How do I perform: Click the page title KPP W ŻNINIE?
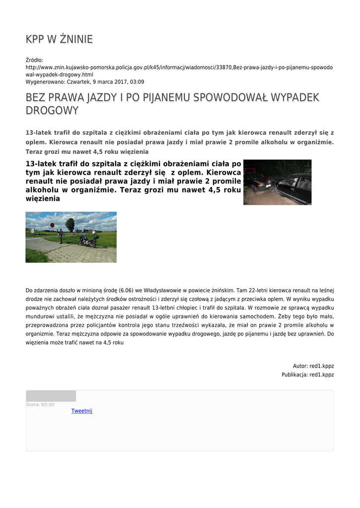point(59,39)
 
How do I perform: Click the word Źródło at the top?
point(34,60)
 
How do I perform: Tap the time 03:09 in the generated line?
point(138,82)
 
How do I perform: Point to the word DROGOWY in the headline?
point(52,111)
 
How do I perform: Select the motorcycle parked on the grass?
point(87,242)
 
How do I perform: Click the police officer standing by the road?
point(60,236)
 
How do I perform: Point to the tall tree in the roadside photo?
point(70,224)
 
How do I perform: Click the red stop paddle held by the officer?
point(52,225)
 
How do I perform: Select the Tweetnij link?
point(82,411)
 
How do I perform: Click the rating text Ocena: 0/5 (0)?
point(40,405)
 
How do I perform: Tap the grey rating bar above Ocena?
point(51,396)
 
